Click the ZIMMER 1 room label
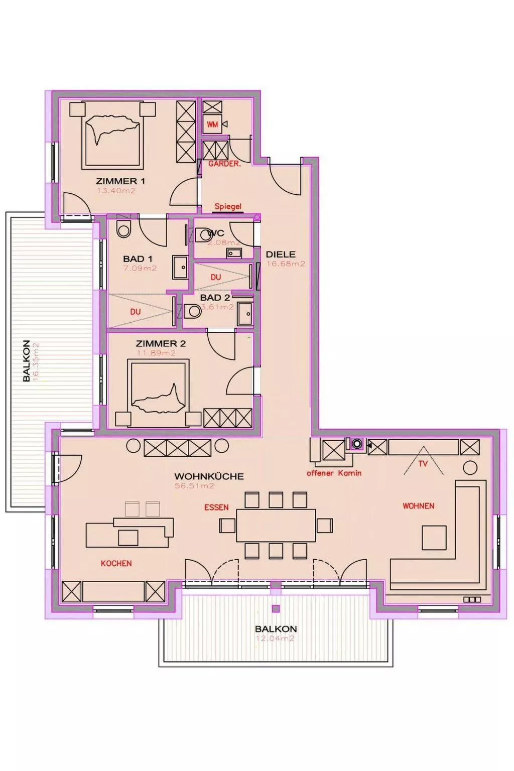point(120,181)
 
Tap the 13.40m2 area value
point(116,191)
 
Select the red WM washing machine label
point(212,124)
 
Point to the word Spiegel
point(228,206)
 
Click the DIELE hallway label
point(281,254)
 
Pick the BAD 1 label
point(138,259)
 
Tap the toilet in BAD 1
point(123,229)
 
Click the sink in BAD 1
point(180,267)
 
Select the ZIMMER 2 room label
point(161,344)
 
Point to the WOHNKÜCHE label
point(209,476)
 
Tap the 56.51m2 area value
point(194,486)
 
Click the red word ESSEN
point(216,507)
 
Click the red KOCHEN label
point(116,564)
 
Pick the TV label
point(423,464)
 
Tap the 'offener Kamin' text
point(334,473)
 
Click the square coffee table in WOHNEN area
point(434,538)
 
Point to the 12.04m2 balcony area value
point(275,638)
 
